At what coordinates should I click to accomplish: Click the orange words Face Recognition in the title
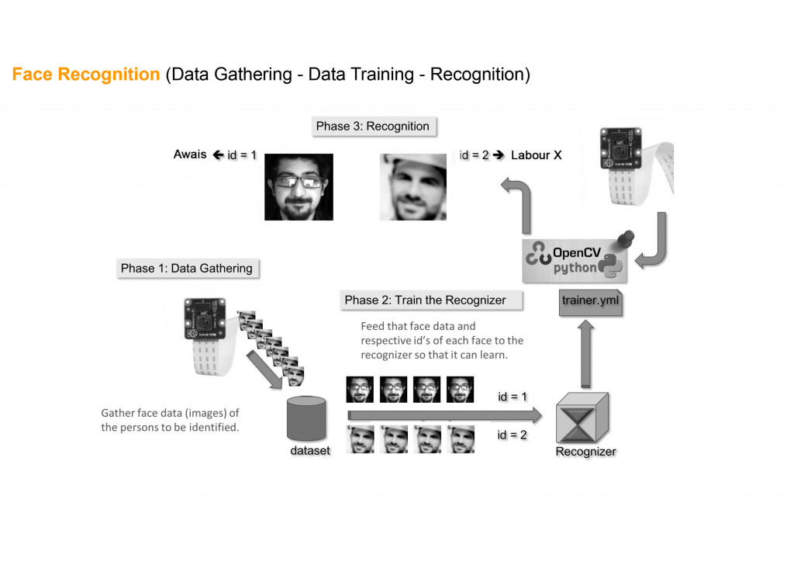86,75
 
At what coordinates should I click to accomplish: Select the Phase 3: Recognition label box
372,126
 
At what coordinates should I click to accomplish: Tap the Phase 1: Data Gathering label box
186,269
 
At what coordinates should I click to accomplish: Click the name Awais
190,154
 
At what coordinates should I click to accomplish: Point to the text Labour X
536,155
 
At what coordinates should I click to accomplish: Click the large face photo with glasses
299,186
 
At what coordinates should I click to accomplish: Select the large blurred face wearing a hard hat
413,186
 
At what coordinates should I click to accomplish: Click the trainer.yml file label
590,301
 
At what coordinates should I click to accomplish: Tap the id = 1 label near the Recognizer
513,397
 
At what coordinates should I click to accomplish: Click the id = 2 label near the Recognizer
513,435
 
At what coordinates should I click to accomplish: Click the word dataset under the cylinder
310,450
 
